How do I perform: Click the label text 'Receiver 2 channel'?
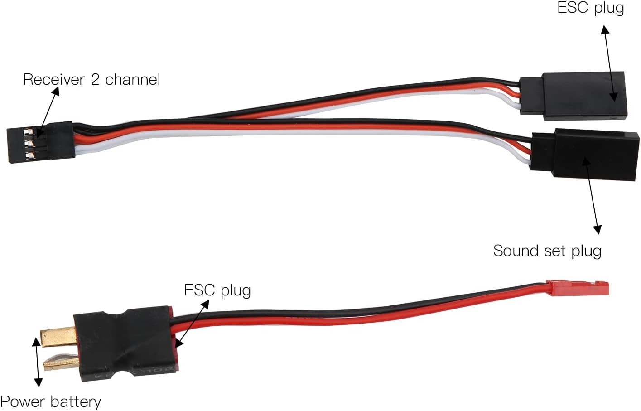(92, 80)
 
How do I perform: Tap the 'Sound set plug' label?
(547, 251)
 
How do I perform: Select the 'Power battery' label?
(50, 401)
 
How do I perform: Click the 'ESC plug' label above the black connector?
(590, 8)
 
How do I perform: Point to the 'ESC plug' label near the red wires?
(217, 290)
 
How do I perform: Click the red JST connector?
(578, 288)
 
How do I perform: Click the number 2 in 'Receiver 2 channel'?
(95, 80)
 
